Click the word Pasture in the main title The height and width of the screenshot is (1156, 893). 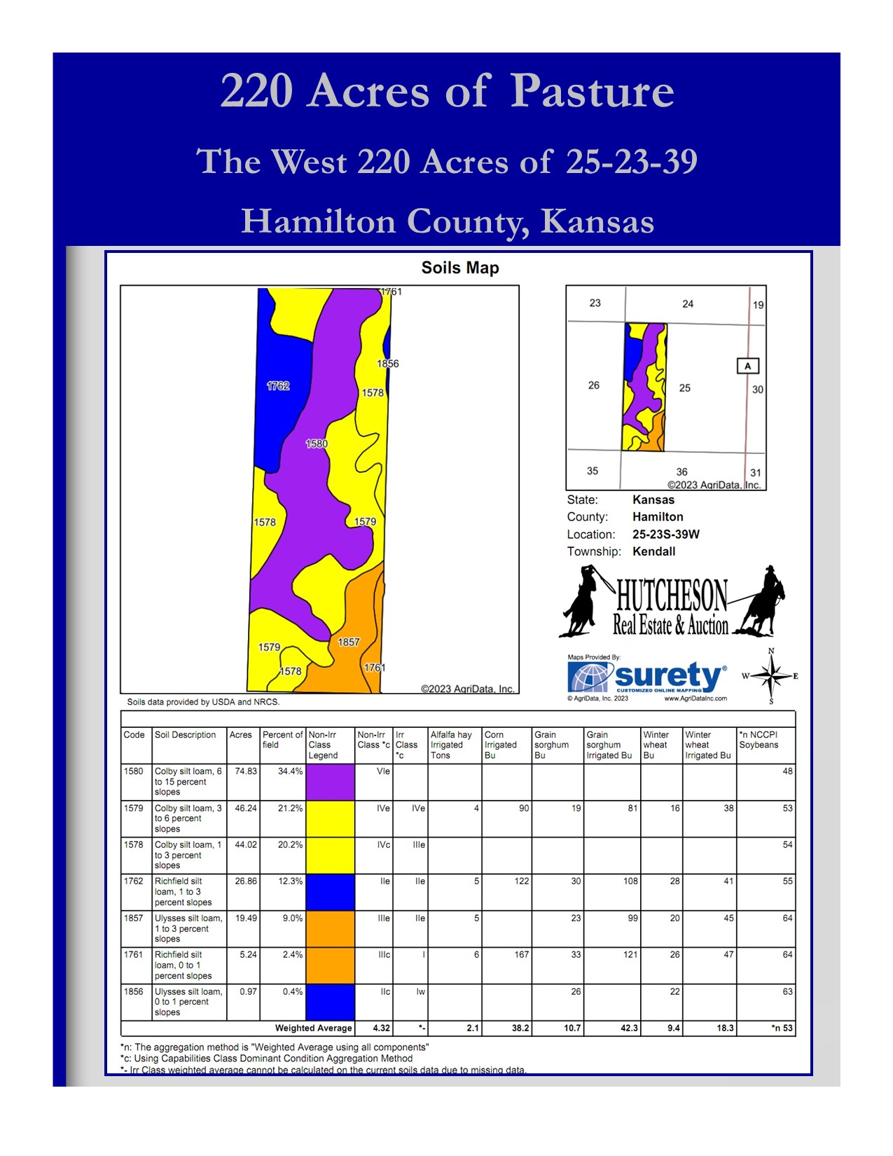pos(592,92)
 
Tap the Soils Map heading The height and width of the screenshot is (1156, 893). pos(459,268)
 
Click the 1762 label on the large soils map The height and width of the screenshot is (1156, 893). pos(277,386)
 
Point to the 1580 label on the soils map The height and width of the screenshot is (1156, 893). pos(316,443)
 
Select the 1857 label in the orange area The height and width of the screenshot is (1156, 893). pos(348,642)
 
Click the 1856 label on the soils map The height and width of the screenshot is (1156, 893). pos(387,364)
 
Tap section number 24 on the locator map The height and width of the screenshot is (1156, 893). pos(687,304)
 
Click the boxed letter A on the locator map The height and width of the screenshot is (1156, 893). pos(747,366)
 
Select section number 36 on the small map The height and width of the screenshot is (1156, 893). pos(681,472)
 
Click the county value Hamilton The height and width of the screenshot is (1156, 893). pos(657,517)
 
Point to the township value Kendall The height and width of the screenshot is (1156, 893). pos(653,551)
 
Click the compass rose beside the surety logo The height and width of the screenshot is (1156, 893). pos(770,676)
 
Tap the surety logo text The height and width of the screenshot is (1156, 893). pos(667,675)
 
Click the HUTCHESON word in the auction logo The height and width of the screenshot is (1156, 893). pos(672,596)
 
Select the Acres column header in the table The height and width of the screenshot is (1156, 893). pos(240,735)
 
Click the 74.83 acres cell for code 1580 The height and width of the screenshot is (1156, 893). pos(245,771)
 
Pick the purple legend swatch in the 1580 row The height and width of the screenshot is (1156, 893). pos(330,782)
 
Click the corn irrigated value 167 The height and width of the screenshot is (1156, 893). pos(521,955)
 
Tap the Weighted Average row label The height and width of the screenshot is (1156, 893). pos(313,1028)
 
